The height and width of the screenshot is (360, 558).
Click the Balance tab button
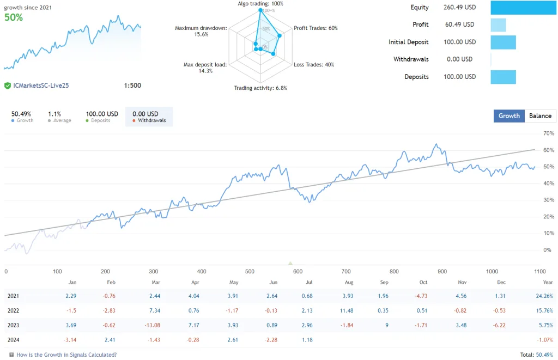click(540, 115)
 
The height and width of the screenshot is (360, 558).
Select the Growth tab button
click(509, 115)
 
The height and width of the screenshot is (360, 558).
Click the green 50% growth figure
click(14, 17)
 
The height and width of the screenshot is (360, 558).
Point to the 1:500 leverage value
click(132, 86)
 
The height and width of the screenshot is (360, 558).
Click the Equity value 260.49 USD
click(460, 7)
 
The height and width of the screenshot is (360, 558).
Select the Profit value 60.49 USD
click(459, 25)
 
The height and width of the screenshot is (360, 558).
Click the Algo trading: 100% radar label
click(260, 4)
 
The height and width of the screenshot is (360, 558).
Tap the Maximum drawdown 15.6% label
click(201, 31)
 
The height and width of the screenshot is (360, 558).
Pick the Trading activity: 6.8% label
click(260, 88)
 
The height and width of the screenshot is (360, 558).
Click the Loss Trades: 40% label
click(314, 65)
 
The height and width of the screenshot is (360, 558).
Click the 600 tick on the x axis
click(298, 271)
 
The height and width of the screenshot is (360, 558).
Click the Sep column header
click(385, 282)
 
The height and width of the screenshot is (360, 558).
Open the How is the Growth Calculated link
click(66, 355)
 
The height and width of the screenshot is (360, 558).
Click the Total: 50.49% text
click(536, 355)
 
